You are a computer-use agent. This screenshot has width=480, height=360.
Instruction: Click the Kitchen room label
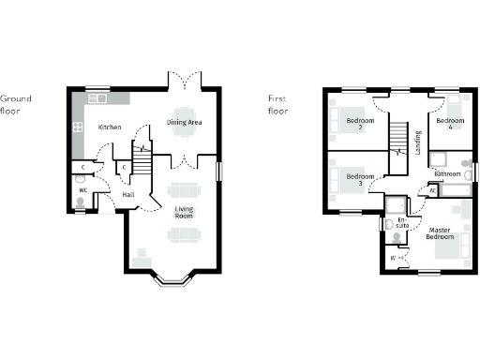tap(111, 127)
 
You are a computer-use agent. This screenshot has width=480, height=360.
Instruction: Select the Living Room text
tap(183, 212)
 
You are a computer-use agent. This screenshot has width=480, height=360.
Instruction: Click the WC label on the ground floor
tap(82, 190)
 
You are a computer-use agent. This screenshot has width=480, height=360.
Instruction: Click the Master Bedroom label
tap(442, 233)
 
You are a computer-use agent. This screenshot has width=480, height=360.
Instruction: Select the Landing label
tap(418, 142)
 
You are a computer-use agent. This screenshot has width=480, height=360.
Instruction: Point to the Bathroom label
tap(447, 174)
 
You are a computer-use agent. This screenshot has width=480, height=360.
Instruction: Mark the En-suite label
tap(401, 222)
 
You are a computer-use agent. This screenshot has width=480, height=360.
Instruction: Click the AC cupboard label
tap(432, 189)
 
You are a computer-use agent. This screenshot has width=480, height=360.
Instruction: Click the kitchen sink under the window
tap(97, 97)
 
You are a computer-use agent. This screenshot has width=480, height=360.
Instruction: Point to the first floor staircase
tap(399, 140)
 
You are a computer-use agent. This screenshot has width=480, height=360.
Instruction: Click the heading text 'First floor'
tap(277, 103)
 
